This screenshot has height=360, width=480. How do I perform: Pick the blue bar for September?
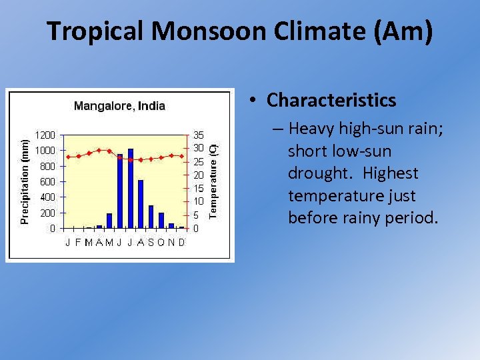(151, 217)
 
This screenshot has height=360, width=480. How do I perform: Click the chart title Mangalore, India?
(119, 105)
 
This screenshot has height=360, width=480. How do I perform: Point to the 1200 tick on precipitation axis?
(45, 135)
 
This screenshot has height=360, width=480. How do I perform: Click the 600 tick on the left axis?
(47, 181)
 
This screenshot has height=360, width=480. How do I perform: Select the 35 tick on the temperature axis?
(198, 135)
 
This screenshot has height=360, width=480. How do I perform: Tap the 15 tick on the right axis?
(198, 188)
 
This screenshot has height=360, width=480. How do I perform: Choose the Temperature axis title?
(213, 180)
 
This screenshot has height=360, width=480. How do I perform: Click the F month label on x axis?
(78, 242)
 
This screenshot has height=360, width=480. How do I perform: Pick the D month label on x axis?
(181, 242)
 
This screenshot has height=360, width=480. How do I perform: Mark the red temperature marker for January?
(68, 157)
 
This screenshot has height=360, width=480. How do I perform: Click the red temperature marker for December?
(182, 156)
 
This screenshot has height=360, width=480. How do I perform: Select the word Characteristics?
(331, 100)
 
